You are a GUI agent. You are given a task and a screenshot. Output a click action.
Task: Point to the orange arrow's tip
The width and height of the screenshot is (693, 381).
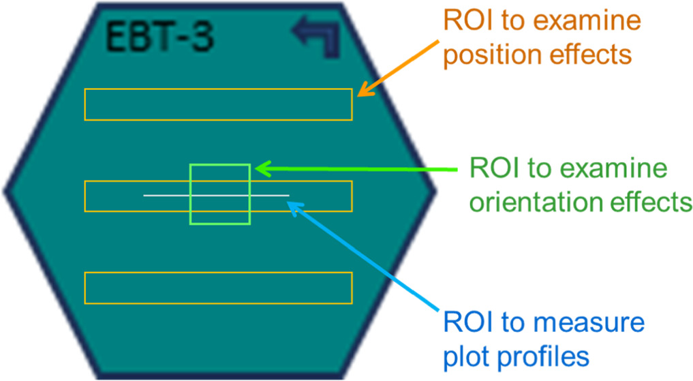point(358,94)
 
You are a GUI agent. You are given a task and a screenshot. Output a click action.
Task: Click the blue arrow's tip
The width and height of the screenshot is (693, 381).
point(291,202)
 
